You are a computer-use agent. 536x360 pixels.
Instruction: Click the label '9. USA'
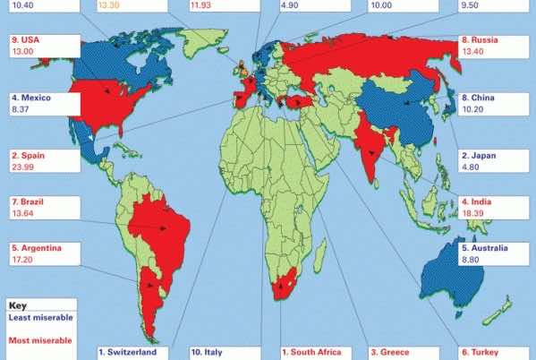24,40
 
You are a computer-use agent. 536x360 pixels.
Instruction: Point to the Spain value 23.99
26,167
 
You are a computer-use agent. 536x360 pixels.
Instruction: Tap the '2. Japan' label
479,155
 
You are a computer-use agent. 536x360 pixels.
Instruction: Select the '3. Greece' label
395,352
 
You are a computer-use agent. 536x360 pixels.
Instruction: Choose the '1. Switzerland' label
133,352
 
